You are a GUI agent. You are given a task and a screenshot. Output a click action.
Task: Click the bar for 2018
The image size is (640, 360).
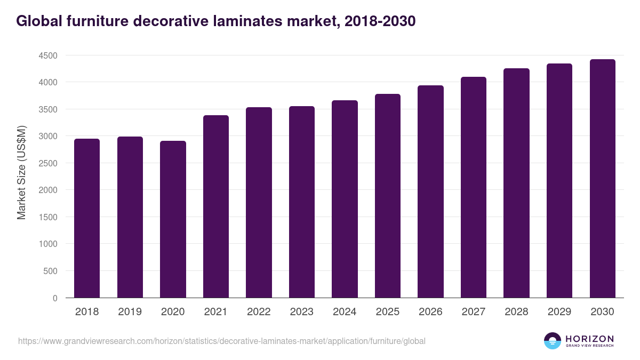pos(87,219)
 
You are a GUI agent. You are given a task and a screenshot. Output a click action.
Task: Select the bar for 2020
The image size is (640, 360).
pos(173,220)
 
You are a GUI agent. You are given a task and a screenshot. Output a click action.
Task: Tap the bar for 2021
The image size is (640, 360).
pos(216,207)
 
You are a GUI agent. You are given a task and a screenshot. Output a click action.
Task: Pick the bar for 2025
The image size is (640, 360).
pos(388,196)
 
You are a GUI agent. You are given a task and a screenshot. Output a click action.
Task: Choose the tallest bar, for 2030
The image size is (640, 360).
pos(602,179)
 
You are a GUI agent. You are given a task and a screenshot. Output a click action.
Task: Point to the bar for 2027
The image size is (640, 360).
pos(474,188)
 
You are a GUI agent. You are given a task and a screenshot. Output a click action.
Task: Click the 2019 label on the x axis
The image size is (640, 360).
pos(130,312)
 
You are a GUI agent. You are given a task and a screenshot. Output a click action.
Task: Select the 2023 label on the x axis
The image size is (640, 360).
pos(301,312)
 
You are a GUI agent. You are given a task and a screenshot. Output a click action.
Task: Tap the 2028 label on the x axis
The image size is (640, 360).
pos(516,312)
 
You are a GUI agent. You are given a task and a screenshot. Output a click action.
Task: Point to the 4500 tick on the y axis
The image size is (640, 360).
pos(47,55)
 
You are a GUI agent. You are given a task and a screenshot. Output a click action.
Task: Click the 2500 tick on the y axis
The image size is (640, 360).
pos(47,163)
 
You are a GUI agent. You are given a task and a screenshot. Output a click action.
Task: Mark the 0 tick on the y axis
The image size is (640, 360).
pos(55,298)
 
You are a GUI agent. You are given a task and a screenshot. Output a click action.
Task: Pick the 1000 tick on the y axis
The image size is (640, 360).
pos(47,244)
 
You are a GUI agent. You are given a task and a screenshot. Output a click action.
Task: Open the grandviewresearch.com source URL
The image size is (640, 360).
pos(222,341)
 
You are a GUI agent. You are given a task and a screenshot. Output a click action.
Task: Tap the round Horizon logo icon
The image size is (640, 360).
pos(553,341)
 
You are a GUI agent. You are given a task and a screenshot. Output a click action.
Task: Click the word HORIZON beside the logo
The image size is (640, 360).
pos(589,339)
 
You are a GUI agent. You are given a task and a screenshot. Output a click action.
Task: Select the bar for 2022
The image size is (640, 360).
pos(259,203)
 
